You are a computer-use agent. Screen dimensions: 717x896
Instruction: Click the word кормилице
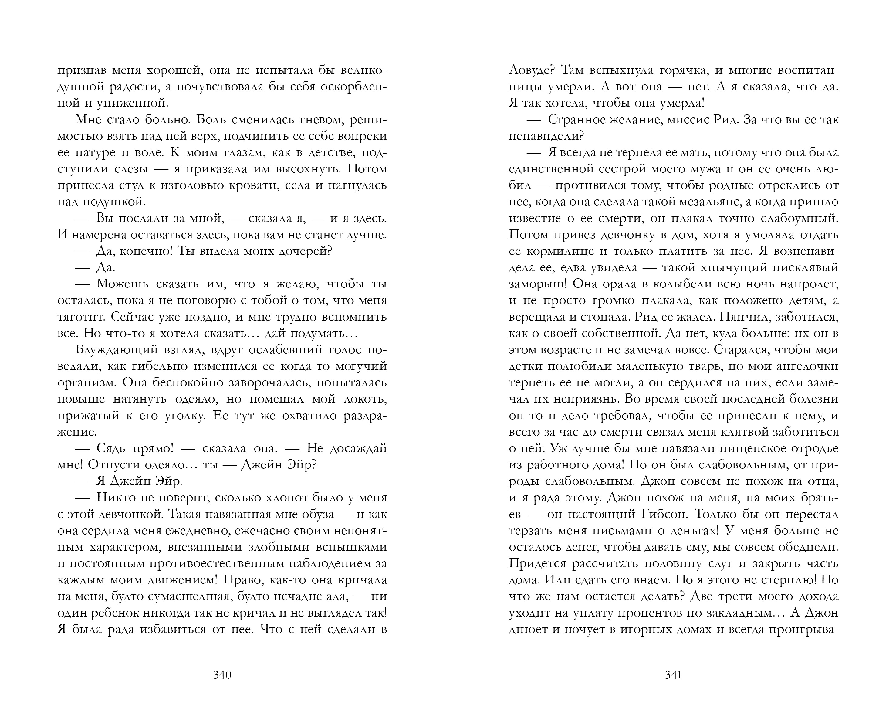[557, 251]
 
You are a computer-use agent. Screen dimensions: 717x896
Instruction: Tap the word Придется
[537, 564]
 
